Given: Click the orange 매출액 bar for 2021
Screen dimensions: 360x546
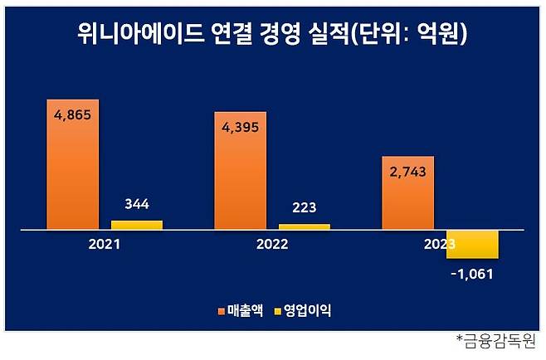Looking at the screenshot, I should [73, 166].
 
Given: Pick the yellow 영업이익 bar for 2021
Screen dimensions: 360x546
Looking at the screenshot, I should [136, 224].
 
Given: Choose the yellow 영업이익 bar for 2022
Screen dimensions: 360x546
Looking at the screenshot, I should [304, 226].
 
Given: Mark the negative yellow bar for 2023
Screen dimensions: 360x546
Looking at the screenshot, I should [471, 244].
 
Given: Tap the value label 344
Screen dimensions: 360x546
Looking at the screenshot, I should [136, 203].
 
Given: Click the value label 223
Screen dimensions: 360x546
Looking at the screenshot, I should [305, 207].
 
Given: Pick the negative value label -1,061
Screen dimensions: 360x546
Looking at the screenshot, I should [472, 272].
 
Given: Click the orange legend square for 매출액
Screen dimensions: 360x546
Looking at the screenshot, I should [221, 312].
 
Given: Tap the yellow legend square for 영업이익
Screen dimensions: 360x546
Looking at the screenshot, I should [277, 312].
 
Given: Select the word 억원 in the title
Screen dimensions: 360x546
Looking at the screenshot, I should [440, 35].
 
